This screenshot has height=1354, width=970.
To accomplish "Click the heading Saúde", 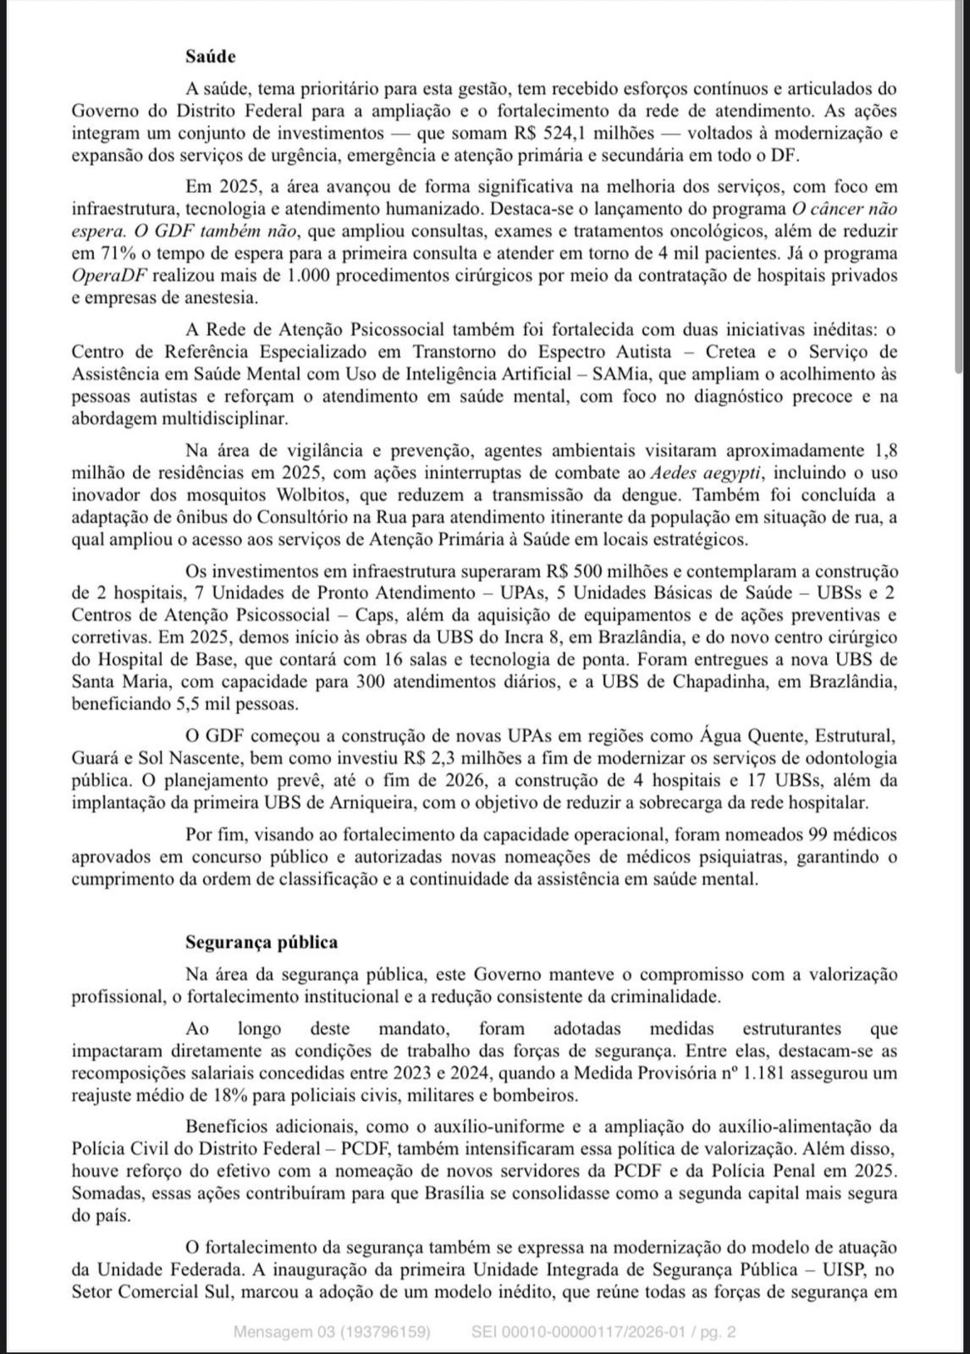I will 211,57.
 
